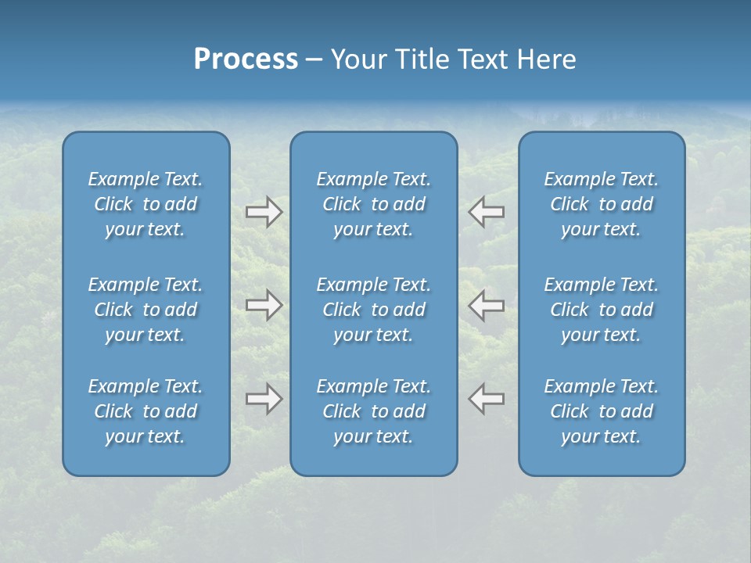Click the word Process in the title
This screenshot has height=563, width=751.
click(x=246, y=59)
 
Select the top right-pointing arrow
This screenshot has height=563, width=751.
click(x=264, y=212)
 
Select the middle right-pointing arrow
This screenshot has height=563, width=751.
click(x=264, y=305)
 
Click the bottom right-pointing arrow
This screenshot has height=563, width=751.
click(x=264, y=399)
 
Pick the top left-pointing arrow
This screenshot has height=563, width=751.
click(x=487, y=212)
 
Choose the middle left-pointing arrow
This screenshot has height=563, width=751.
click(x=487, y=305)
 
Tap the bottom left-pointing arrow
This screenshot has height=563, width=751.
click(x=487, y=399)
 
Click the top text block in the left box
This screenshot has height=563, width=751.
click(x=146, y=204)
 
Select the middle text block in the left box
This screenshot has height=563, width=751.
click(x=146, y=310)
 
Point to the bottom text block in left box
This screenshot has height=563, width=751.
click(x=146, y=411)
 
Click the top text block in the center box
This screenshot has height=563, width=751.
click(x=373, y=204)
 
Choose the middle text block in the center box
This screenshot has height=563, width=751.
click(x=373, y=310)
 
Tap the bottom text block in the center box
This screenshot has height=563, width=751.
click(x=373, y=411)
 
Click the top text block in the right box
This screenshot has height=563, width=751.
click(x=601, y=204)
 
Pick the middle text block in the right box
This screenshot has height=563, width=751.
click(x=601, y=310)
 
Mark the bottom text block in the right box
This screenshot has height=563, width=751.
click(x=601, y=411)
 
